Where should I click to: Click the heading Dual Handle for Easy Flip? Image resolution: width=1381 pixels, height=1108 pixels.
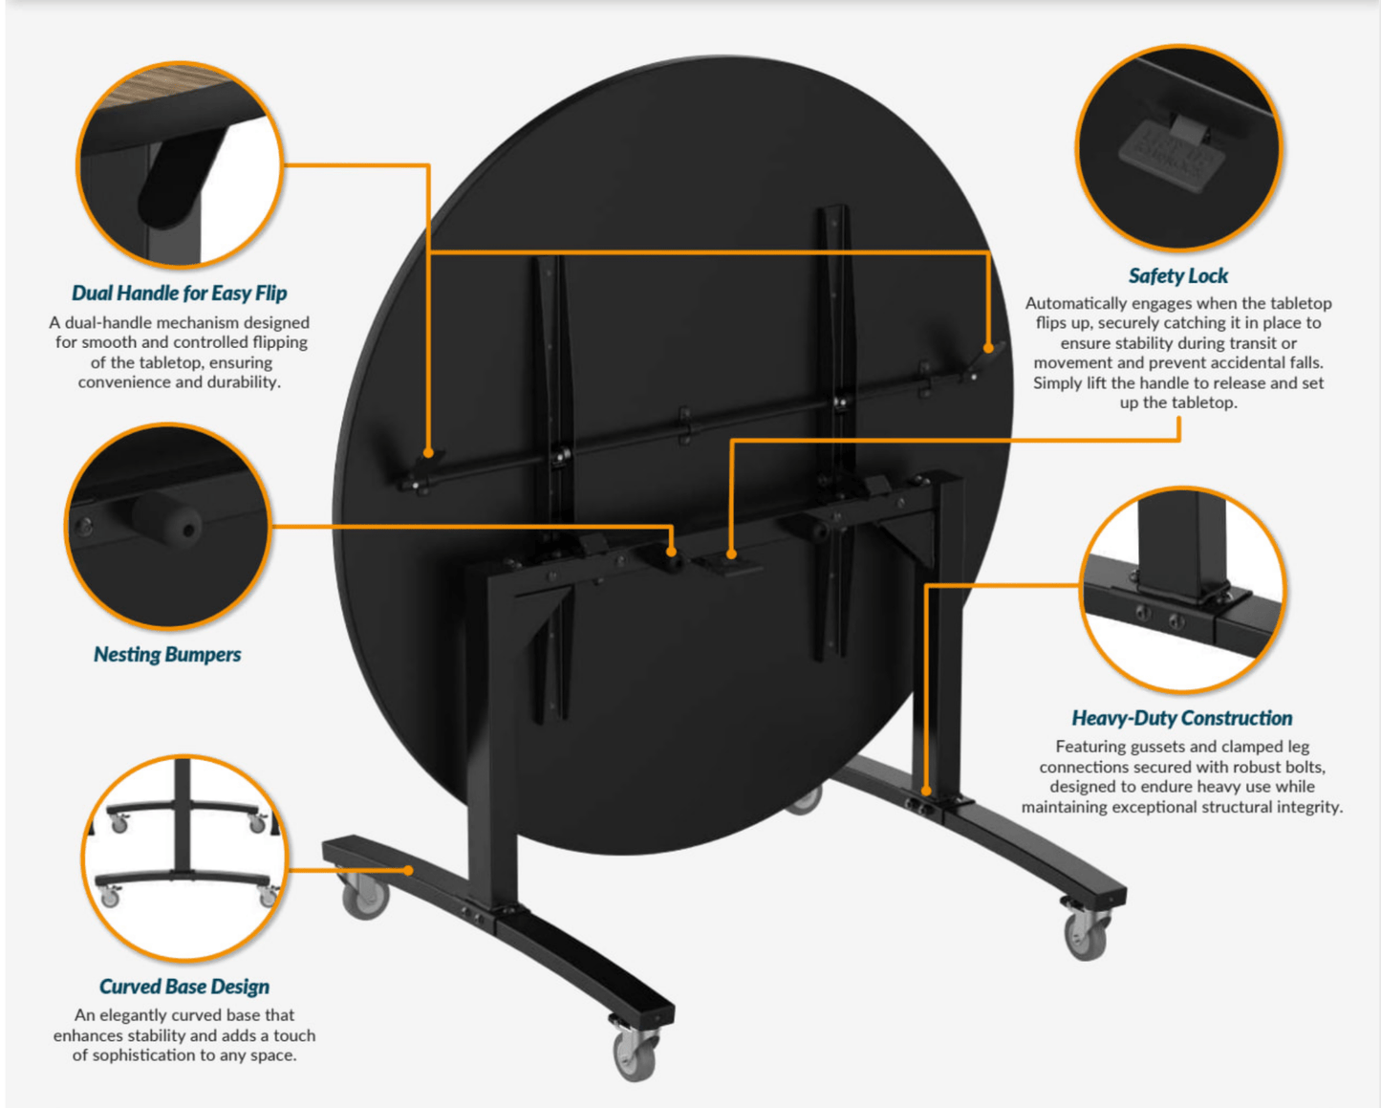coord(179,293)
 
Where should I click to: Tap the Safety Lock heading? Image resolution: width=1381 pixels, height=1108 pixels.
coord(1178,276)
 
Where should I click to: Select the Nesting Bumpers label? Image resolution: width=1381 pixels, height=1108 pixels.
coord(167,654)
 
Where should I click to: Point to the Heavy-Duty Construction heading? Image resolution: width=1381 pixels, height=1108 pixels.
coord(1182,718)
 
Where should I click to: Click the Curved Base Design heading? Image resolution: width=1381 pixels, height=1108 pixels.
coord(184,986)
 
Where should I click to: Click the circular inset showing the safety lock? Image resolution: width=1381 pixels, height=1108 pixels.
coord(1178,147)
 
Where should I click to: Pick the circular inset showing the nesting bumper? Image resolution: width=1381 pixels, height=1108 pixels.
coord(167,526)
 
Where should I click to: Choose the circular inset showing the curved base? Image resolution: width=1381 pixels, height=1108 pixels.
coord(184,858)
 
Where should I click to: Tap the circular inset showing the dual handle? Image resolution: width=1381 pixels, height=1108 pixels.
coord(180,164)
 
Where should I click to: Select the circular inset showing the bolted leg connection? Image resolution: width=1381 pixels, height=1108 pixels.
coord(1183,589)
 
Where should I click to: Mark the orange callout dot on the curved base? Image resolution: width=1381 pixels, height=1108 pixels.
coord(409,871)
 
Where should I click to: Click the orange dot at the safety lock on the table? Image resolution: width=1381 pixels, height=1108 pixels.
coord(731,554)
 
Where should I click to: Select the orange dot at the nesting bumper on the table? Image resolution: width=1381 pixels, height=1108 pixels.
coord(671,552)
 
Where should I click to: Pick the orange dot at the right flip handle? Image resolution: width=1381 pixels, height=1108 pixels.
coord(988,349)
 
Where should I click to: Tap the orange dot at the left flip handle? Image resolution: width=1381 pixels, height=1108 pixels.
coord(429,453)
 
